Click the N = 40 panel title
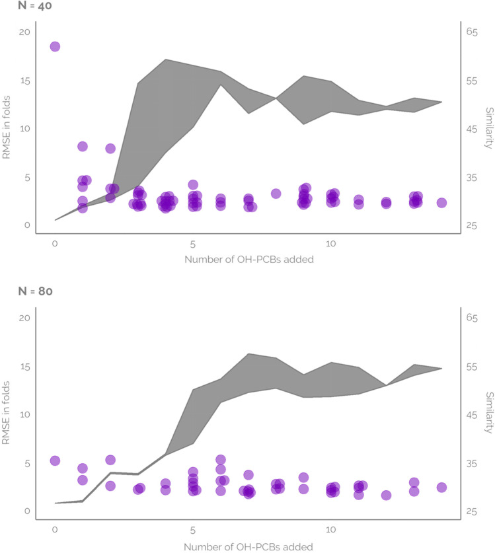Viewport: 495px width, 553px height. (x=20, y=8)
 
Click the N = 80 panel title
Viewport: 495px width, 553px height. (x=20, y=291)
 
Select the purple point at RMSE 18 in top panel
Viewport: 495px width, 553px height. (x=55, y=46)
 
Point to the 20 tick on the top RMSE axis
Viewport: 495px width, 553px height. (x=25, y=32)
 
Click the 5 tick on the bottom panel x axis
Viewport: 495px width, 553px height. (x=193, y=530)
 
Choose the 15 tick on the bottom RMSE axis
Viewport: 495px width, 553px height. (x=25, y=367)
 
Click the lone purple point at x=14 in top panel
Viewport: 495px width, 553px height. (x=441, y=203)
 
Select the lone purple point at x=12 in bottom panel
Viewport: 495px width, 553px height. (x=386, y=496)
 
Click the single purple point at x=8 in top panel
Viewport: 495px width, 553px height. (x=276, y=194)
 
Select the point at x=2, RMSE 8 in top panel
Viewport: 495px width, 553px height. (x=110, y=148)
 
